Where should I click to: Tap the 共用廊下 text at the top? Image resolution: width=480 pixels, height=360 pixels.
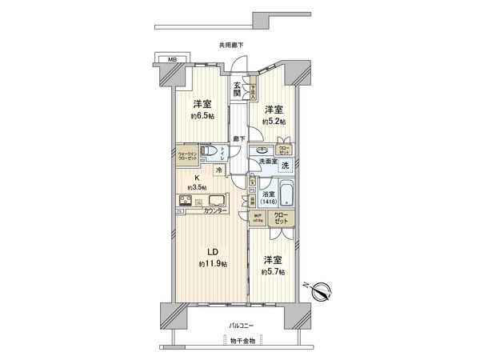click(x=229, y=45)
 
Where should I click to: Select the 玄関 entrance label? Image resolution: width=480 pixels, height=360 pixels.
click(x=238, y=89)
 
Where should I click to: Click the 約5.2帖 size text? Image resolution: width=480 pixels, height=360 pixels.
click(x=274, y=121)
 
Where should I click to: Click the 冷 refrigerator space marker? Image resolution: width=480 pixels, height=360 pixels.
click(x=218, y=170)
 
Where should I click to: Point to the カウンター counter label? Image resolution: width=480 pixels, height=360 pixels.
click(x=214, y=211)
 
